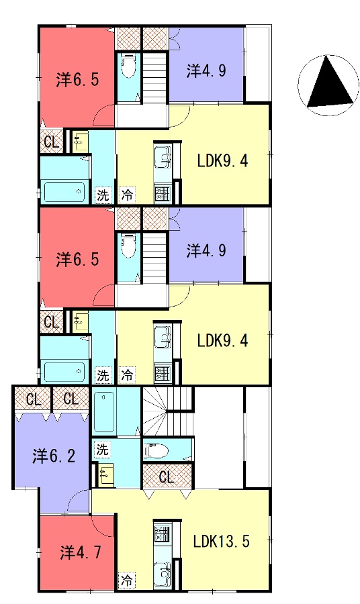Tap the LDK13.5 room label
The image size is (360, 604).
click(x=221, y=542)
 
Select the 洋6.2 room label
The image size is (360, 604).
click(x=54, y=456)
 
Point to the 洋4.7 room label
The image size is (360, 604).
click(x=81, y=552)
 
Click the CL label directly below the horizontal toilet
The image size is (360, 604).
click(x=167, y=477)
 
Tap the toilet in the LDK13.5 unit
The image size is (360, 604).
click(x=156, y=450)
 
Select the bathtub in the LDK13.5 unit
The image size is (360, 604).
click(x=104, y=412)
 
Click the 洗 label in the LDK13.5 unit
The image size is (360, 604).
click(x=102, y=449)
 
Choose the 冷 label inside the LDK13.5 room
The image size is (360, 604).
click(x=127, y=580)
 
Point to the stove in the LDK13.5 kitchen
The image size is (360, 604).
click(x=163, y=533)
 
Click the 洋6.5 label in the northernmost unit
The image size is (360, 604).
click(x=77, y=79)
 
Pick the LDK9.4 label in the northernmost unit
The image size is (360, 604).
click(x=222, y=160)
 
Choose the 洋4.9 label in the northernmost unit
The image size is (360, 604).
click(x=206, y=70)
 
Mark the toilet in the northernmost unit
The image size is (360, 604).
click(x=128, y=66)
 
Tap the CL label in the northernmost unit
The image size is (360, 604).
click(x=52, y=142)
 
